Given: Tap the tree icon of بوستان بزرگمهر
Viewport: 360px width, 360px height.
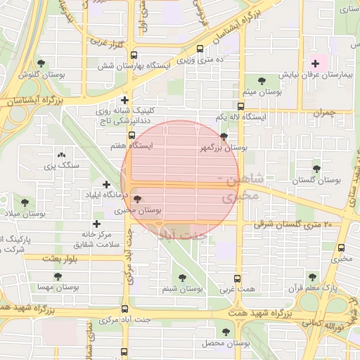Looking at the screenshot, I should pyautogui.click(x=224, y=136).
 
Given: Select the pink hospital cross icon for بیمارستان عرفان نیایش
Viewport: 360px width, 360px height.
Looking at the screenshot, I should pyautogui.click(x=316, y=63).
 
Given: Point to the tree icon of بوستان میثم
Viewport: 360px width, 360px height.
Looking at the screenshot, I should pyautogui.click(x=262, y=82).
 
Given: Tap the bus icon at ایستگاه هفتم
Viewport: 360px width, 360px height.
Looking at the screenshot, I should pyautogui.click(x=131, y=135).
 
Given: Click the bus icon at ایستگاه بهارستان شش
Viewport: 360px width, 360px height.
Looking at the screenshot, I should pyautogui.click(x=134, y=55).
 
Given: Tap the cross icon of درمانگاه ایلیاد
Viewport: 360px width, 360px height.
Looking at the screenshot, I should pyautogui.click(x=105, y=184).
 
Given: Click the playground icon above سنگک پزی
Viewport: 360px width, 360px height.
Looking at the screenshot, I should pyautogui.click(x=60, y=155).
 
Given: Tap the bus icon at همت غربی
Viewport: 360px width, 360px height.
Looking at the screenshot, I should pyautogui.click(x=237, y=278).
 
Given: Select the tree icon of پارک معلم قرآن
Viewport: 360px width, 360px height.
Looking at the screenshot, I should pyautogui.click(x=312, y=277).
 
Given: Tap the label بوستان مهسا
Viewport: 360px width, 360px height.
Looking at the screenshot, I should pyautogui.click(x=57, y=288).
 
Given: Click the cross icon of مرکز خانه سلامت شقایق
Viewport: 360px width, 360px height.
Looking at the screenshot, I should pyautogui.click(x=96, y=224).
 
